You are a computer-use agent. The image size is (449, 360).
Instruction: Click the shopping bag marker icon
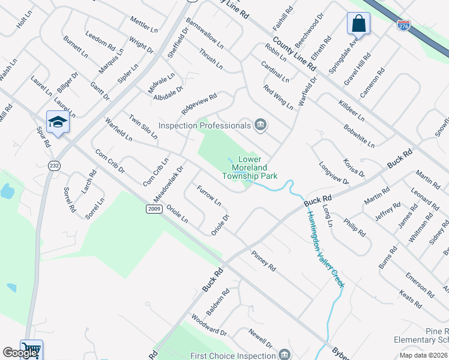[358, 24]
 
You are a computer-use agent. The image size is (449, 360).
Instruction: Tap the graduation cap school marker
[58, 122]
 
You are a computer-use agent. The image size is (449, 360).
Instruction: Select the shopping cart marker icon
[31, 349]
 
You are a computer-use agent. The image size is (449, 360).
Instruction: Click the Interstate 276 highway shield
[403, 25]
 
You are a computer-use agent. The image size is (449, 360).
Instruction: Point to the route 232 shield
[55, 166]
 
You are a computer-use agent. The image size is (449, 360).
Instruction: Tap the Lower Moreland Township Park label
[250, 168]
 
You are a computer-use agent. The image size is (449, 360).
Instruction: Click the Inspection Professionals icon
[261, 125]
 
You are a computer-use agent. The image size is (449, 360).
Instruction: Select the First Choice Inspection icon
[285, 354]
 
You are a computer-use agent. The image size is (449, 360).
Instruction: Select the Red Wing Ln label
[279, 97]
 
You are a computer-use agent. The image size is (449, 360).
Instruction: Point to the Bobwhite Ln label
[359, 136]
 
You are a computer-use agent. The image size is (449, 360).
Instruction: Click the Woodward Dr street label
[208, 325]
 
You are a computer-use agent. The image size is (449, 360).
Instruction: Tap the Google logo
[20, 353]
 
